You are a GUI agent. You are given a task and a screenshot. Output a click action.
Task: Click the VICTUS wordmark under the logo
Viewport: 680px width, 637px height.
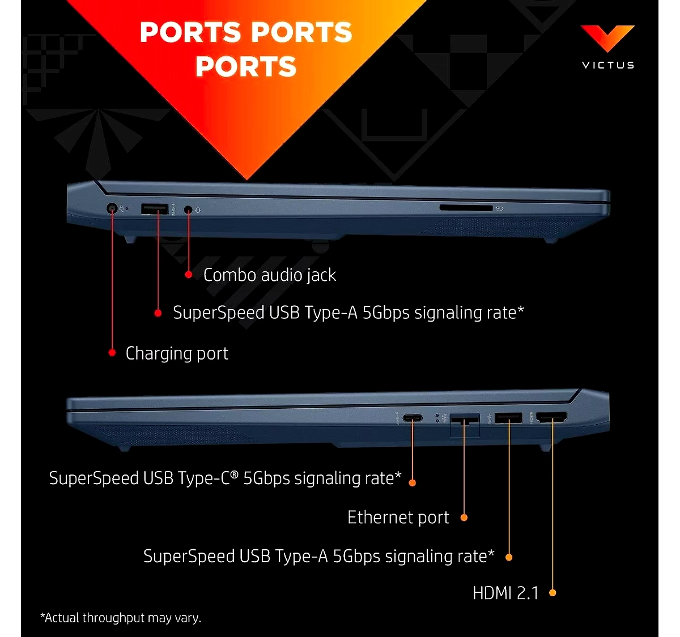(x=608, y=65)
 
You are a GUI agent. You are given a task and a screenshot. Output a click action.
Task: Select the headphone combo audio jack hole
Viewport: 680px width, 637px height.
(x=188, y=209)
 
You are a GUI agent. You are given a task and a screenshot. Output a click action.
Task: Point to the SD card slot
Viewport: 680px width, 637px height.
(x=466, y=208)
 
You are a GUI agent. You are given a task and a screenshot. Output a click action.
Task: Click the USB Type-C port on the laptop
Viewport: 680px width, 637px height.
(x=413, y=418)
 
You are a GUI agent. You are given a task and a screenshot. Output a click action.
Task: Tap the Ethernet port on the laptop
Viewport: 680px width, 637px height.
(x=465, y=425)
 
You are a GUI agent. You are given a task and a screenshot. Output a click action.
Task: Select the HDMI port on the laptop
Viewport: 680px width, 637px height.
(x=551, y=417)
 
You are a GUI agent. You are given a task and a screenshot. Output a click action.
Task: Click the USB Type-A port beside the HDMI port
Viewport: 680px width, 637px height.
(x=508, y=418)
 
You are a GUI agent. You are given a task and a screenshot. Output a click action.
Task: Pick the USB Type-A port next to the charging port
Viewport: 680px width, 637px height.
(x=155, y=209)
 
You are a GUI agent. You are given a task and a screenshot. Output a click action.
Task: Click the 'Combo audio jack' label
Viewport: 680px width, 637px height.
(x=270, y=275)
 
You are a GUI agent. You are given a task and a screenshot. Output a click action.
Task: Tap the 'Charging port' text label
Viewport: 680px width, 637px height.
(x=177, y=353)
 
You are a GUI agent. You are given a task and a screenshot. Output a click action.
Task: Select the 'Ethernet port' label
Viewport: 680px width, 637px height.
(x=398, y=517)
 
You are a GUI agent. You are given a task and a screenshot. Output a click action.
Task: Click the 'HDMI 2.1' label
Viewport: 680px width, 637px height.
(x=505, y=593)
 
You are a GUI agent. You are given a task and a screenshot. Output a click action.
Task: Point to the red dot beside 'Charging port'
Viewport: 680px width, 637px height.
(x=112, y=353)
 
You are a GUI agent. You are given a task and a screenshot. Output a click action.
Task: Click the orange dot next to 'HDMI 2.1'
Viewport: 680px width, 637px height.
(x=552, y=593)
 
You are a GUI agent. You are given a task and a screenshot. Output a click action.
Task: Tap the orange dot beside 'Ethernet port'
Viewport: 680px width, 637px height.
(x=464, y=518)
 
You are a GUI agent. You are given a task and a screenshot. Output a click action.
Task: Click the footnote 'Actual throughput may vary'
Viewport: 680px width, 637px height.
(x=121, y=618)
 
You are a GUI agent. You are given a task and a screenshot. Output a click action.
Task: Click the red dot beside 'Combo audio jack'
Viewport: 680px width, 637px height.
(x=188, y=275)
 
